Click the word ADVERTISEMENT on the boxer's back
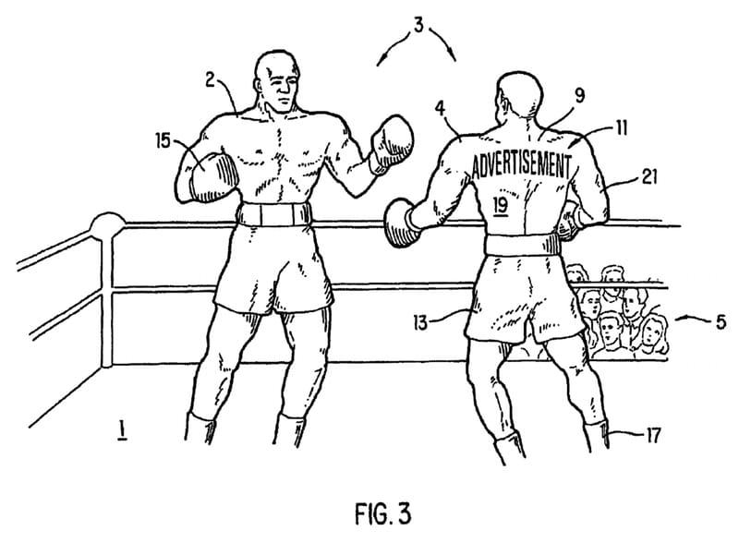point(521,165)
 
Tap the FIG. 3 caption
point(382,513)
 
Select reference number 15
point(164,140)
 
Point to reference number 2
point(210,79)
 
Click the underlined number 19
point(500,205)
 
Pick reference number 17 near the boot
point(653,436)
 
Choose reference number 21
point(649,176)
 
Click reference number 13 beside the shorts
point(420,323)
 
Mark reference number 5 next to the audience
point(721,322)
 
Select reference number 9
point(580,95)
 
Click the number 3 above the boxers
point(418,25)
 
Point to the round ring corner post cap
point(108,225)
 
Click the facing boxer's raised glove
point(392,143)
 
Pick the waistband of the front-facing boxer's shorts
point(273,214)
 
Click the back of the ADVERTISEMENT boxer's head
point(520,98)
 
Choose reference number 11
point(622,127)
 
